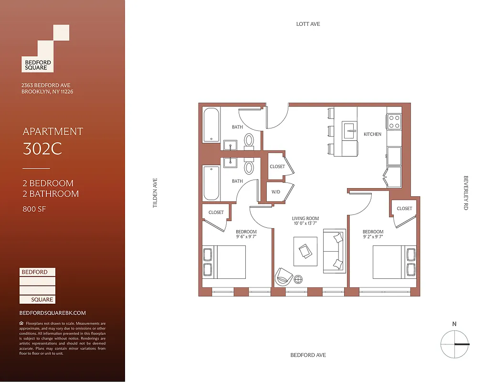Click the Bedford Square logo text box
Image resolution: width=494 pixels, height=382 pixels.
[38, 64]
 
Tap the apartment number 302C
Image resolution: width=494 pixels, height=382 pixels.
[42, 149]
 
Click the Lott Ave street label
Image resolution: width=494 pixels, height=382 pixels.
[308, 24]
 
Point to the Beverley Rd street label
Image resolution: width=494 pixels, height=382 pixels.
[466, 193]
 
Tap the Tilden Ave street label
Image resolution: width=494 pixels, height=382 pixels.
[155, 193]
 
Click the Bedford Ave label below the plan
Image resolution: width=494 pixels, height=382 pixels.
[308, 355]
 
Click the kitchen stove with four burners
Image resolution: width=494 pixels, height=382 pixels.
[394, 121]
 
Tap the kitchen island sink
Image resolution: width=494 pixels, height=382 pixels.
[349, 130]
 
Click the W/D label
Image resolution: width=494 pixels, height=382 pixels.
[276, 192]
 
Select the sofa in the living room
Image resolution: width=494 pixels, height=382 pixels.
[333, 251]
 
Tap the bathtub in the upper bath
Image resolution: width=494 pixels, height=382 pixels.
[211, 125]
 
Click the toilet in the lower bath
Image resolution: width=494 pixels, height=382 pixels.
[249, 168]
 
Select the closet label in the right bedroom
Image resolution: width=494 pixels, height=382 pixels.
[404, 208]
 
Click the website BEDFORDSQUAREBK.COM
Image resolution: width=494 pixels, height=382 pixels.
[53, 313]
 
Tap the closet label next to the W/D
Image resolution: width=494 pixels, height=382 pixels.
[277, 167]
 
